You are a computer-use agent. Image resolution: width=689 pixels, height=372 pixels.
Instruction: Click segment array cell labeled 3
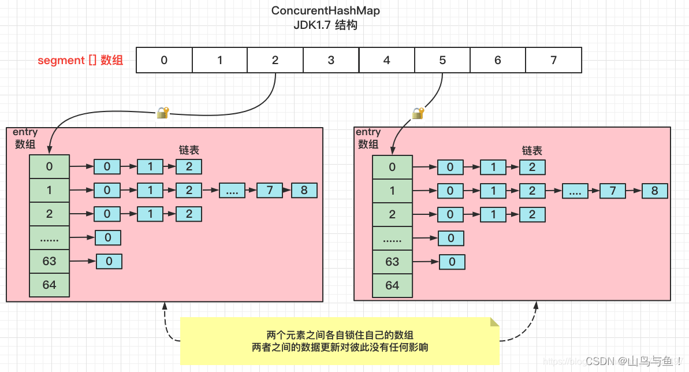[331, 60]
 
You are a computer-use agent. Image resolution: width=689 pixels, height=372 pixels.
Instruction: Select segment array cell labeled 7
[553, 60]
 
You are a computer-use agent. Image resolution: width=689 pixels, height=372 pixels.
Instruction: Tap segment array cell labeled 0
[164, 60]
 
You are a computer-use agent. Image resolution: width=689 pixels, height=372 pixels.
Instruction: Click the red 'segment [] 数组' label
[80, 60]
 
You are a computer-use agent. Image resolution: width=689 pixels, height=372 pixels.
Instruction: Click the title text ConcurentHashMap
[326, 11]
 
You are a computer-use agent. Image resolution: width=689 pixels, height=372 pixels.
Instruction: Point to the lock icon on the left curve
[163, 112]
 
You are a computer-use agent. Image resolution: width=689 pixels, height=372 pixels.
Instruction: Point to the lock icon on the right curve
[418, 113]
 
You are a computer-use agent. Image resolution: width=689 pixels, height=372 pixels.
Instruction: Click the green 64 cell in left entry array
[50, 285]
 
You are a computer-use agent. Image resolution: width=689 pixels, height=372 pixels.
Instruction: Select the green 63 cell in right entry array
[392, 262]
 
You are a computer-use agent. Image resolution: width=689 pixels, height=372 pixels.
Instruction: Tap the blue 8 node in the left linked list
[304, 190]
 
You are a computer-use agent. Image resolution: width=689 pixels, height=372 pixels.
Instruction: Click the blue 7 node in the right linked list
[613, 191]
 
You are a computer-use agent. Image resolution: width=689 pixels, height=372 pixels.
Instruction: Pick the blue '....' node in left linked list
[232, 190]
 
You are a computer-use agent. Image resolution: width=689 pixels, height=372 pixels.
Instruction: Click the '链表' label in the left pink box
[189, 150]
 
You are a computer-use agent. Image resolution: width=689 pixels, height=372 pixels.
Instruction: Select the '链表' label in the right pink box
[532, 150]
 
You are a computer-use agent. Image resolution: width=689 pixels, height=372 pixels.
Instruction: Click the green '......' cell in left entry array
[50, 237]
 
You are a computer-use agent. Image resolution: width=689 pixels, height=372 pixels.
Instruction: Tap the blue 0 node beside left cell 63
[109, 261]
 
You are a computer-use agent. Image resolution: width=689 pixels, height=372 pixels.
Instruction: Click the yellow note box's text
[340, 341]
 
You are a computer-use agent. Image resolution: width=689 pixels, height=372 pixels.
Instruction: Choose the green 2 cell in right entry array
[392, 214]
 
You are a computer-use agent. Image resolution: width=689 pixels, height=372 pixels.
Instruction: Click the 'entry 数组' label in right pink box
[368, 139]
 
